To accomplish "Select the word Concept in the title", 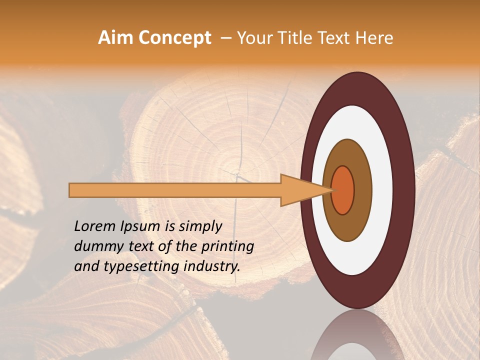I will pos(174,37).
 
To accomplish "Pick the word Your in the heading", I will pos(253,37).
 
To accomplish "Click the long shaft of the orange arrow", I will pos(175,190).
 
